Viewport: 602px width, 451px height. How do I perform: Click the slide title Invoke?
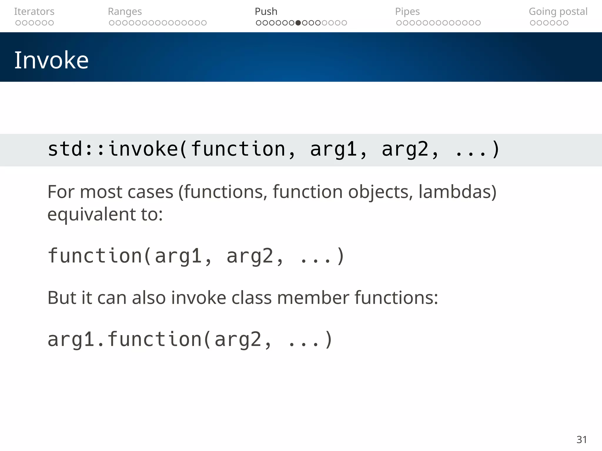coord(51,60)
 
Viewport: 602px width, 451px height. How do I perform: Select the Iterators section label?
coord(34,11)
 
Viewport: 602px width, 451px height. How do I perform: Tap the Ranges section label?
coord(125,11)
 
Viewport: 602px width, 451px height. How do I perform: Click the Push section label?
coord(266,11)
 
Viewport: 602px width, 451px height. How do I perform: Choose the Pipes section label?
coord(407,11)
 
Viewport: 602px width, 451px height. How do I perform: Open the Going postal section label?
coord(558,11)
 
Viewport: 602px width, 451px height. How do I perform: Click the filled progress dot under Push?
coord(298,23)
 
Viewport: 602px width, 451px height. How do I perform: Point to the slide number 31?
coord(581,440)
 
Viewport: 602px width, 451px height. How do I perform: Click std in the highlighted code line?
coord(65,149)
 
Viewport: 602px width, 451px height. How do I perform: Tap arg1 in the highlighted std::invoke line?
coord(333,149)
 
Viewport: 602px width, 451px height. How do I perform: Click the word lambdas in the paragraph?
coord(457,192)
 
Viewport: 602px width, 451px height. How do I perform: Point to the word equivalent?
coord(91,214)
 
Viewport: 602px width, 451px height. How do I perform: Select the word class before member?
coord(251,298)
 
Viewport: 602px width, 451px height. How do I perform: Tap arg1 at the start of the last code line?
coord(71,340)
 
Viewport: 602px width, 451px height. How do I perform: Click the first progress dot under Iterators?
coord(18,23)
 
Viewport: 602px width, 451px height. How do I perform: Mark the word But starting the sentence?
coord(62,298)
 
